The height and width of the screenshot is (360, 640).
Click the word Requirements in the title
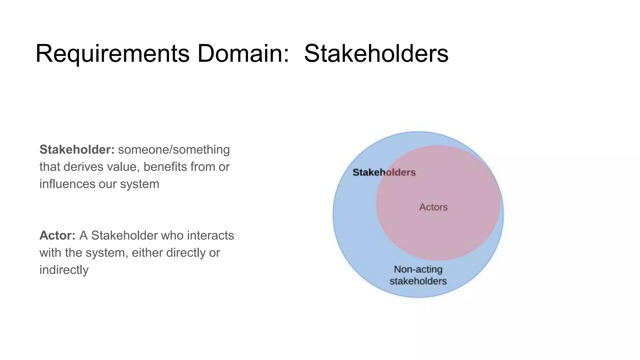pyautogui.click(x=112, y=53)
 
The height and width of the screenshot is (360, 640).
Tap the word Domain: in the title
pyautogui.click(x=243, y=53)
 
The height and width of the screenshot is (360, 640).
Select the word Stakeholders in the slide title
pyautogui.click(x=376, y=53)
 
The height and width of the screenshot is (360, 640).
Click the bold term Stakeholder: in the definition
pyautogui.click(x=77, y=150)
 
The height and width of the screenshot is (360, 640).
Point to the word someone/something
pyautogui.click(x=174, y=150)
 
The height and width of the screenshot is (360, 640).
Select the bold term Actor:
pyautogui.click(x=57, y=236)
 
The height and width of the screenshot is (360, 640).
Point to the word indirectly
pyautogui.click(x=64, y=270)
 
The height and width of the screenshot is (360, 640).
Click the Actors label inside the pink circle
pyautogui.click(x=433, y=207)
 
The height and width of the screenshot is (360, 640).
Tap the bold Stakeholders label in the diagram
pyautogui.click(x=384, y=172)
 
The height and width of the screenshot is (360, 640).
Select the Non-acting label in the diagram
pyautogui.click(x=418, y=269)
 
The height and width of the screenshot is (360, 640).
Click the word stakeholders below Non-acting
pyautogui.click(x=418, y=281)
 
